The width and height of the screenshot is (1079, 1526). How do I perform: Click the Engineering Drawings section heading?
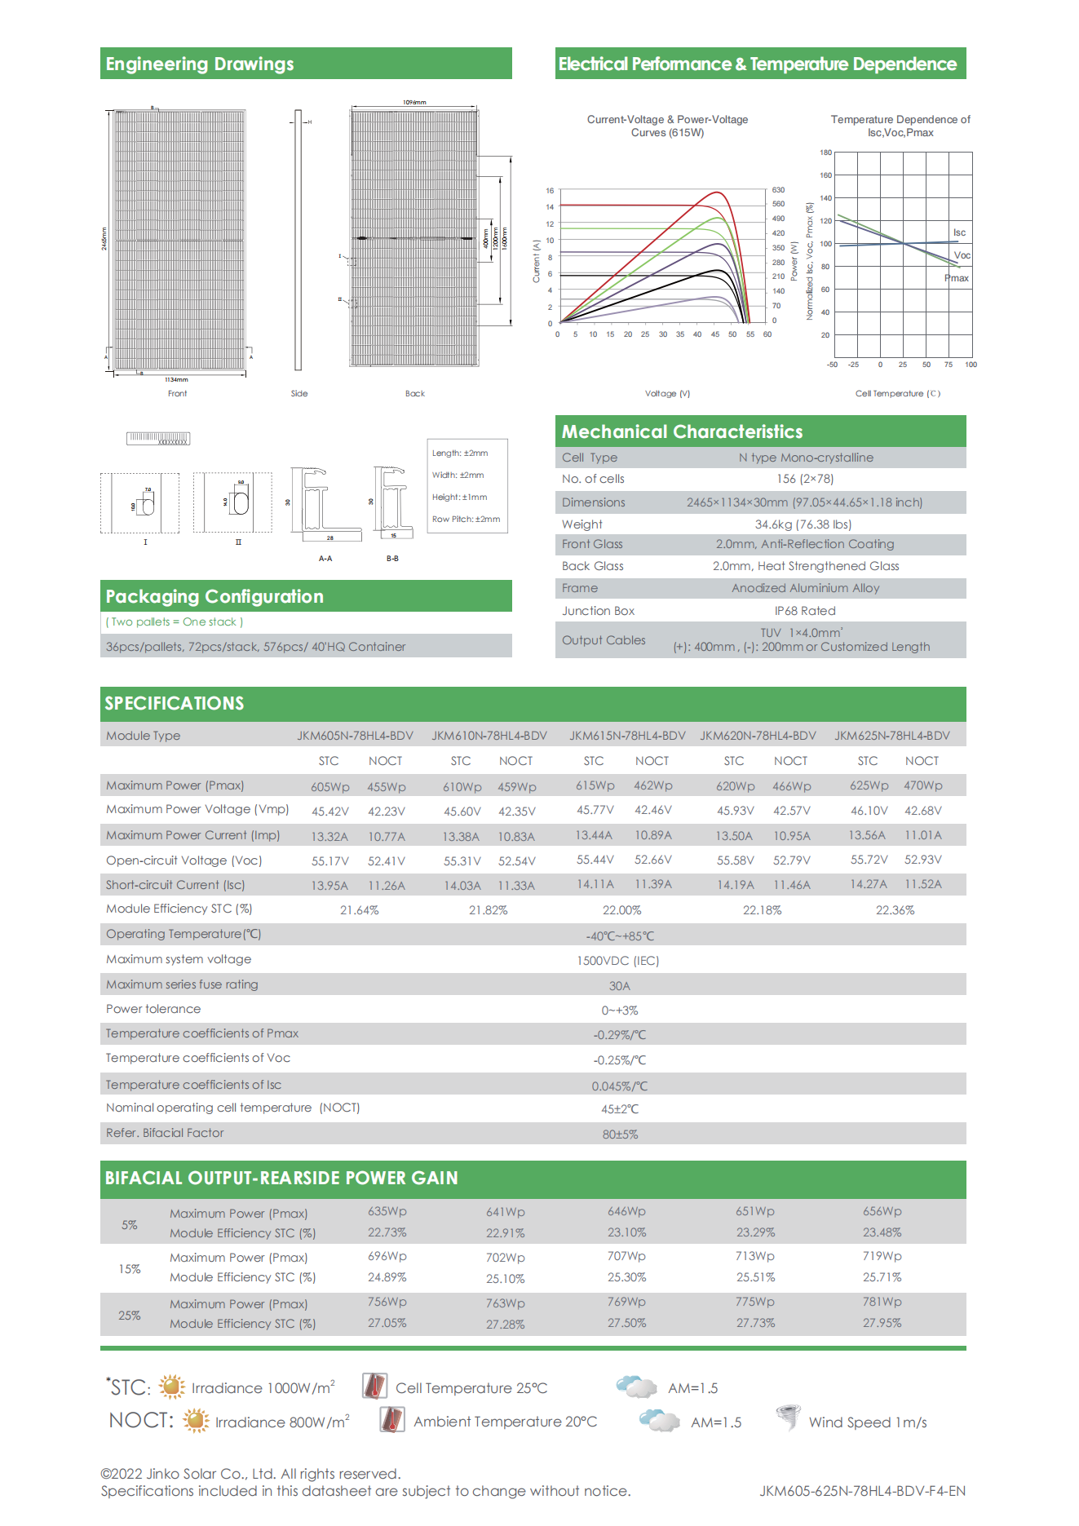[200, 64]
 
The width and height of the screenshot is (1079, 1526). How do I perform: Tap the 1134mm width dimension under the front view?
[176, 379]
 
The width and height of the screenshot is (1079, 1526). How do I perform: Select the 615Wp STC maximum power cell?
[595, 785]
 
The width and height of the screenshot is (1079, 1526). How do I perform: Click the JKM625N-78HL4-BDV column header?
[891, 736]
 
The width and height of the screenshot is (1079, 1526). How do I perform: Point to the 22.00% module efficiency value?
[621, 910]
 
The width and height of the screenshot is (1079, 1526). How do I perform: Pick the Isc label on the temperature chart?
[959, 232]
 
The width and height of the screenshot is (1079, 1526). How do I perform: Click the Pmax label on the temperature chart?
[957, 278]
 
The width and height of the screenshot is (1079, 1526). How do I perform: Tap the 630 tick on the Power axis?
[778, 190]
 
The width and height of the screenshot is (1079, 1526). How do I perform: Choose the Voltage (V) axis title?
[667, 393]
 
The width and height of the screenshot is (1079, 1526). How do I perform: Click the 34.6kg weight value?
[803, 524]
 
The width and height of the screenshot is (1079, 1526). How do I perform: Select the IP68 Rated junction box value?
[805, 611]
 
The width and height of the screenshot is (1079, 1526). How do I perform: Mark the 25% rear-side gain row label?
[130, 1316]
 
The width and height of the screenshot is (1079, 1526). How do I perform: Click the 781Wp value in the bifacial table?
[882, 1302]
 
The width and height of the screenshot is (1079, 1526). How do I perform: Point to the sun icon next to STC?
[171, 1387]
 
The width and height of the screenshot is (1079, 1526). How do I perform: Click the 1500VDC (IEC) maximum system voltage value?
[617, 961]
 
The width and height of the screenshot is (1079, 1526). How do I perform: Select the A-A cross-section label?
[325, 559]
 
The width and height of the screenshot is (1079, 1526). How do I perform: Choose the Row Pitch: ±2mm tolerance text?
[466, 519]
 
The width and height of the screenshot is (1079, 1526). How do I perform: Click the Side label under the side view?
[299, 393]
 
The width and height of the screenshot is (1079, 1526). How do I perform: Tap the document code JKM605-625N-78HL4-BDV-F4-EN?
[862, 1491]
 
